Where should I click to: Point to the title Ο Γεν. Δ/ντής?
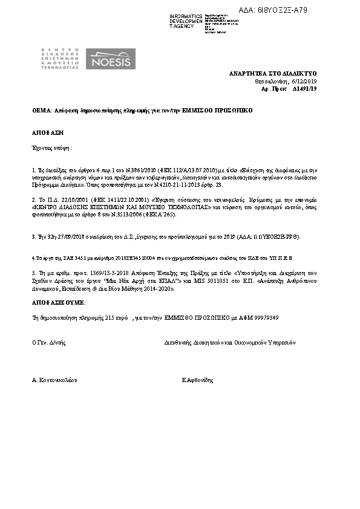pos(48,342)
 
